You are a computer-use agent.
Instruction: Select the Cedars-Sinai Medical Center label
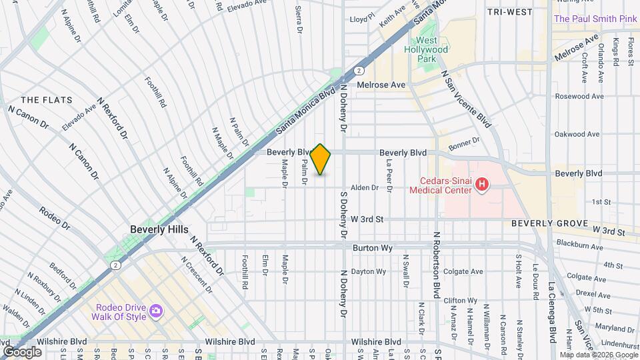click(x=445, y=185)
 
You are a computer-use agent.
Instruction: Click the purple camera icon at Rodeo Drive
click(x=156, y=311)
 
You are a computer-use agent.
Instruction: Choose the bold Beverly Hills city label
click(x=159, y=229)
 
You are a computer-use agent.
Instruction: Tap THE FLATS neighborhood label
click(x=42, y=100)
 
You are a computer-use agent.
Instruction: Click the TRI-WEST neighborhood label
click(x=509, y=12)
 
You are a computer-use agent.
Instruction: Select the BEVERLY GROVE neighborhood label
click(x=549, y=223)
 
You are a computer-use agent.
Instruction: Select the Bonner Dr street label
click(x=464, y=144)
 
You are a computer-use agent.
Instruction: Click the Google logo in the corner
click(x=22, y=351)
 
